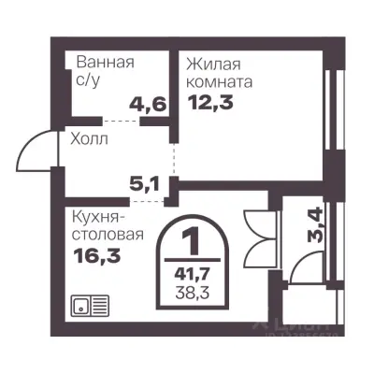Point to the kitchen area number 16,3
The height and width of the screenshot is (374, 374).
(91, 254)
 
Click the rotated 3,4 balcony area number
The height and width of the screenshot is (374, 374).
(316, 225)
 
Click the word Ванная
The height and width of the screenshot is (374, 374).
(105, 64)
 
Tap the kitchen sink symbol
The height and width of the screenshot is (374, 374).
(89, 306)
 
